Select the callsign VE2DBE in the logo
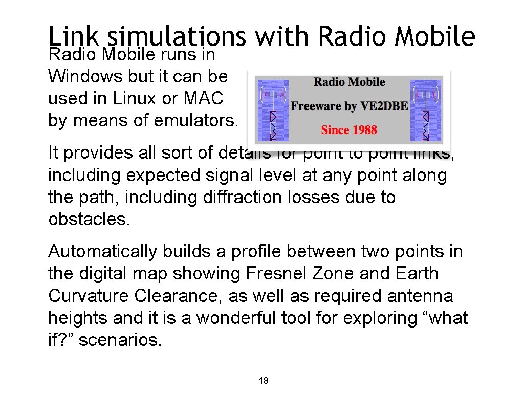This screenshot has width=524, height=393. (384, 106)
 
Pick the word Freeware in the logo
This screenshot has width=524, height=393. (316, 106)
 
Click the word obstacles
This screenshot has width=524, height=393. (88, 220)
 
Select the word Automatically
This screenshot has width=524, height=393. (103, 252)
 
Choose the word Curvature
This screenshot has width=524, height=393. (89, 296)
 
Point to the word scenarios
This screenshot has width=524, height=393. (120, 340)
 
